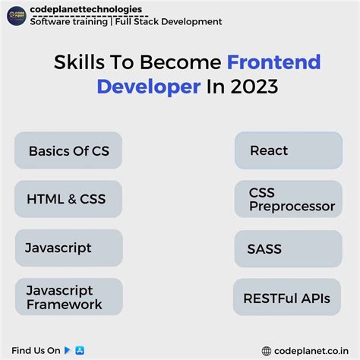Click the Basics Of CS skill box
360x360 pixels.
click(x=68, y=150)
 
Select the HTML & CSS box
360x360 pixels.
click(x=68, y=199)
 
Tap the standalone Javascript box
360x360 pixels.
click(x=68, y=248)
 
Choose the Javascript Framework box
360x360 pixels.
click(x=68, y=297)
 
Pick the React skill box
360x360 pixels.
click(x=285, y=150)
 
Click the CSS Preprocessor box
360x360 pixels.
click(x=285, y=199)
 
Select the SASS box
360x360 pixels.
click(x=285, y=248)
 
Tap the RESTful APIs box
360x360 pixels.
click(x=285, y=298)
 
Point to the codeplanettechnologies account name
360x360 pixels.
click(x=85, y=9)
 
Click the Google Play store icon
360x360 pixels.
click(x=68, y=350)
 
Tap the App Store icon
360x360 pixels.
click(x=79, y=350)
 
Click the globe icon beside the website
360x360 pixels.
click(x=267, y=351)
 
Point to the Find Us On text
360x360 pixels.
click(x=36, y=350)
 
